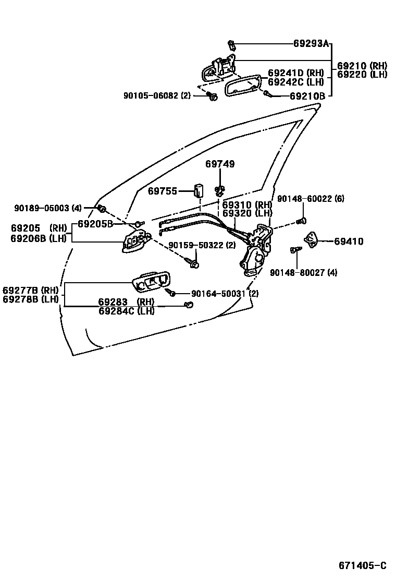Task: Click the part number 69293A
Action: coord(311,44)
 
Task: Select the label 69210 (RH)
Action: coord(362,66)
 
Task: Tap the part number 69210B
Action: coord(307,96)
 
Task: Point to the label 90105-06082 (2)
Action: coord(157,95)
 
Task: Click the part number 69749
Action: coord(220,164)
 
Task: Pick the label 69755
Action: coord(163,191)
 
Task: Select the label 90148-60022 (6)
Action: coord(311,199)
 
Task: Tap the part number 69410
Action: coord(349,241)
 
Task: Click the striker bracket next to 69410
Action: coord(312,239)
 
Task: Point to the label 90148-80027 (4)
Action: coord(303,272)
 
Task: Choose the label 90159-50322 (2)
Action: coord(202,245)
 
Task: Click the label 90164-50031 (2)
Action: coord(225,294)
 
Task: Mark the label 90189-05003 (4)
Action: coord(48,208)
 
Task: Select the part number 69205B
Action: coord(95,224)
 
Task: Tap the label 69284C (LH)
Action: coord(127,311)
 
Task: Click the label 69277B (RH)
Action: coord(30,290)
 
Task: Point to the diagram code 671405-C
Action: coord(363,566)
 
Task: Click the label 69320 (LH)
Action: coord(247,213)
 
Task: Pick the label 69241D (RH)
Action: coord(296,73)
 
